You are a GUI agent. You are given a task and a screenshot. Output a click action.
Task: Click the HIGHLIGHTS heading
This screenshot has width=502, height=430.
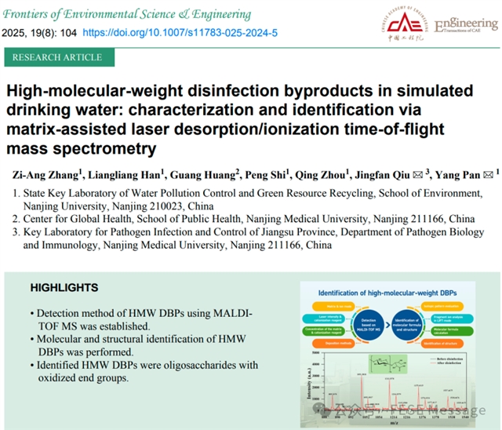[64, 288]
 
